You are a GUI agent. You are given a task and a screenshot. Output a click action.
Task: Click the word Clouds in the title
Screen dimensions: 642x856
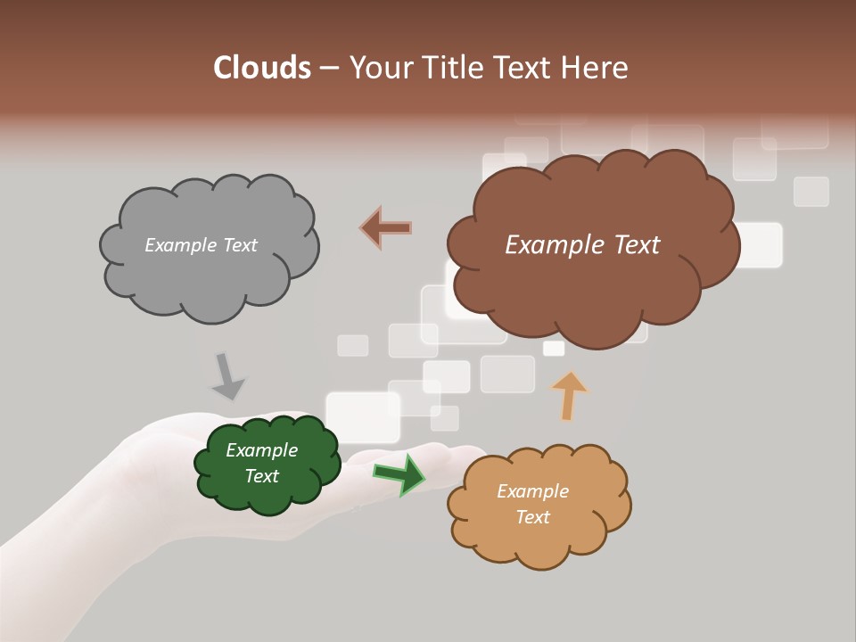pos(261,68)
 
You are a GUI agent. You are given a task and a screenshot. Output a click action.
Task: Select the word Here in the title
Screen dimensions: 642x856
pos(597,68)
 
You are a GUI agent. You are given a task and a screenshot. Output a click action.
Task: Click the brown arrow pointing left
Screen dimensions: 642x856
pos(385,227)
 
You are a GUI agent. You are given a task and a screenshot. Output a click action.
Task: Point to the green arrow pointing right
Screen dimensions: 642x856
pos(399,473)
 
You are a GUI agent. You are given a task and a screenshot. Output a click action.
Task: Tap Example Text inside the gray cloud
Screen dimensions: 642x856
pos(201,245)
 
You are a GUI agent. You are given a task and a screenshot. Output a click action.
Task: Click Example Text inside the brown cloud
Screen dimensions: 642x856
pos(582,245)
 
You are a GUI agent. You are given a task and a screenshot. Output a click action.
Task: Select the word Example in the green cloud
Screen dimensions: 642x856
pos(261,450)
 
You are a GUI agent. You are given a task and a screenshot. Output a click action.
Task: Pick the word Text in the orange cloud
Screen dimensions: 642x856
pos(532,517)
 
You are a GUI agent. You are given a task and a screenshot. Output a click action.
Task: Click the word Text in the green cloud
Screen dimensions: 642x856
pos(262,476)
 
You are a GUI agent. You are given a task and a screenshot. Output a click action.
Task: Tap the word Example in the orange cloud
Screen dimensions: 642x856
pos(532,491)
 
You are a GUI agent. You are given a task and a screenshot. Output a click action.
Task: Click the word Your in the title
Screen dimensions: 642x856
pos(379,68)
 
